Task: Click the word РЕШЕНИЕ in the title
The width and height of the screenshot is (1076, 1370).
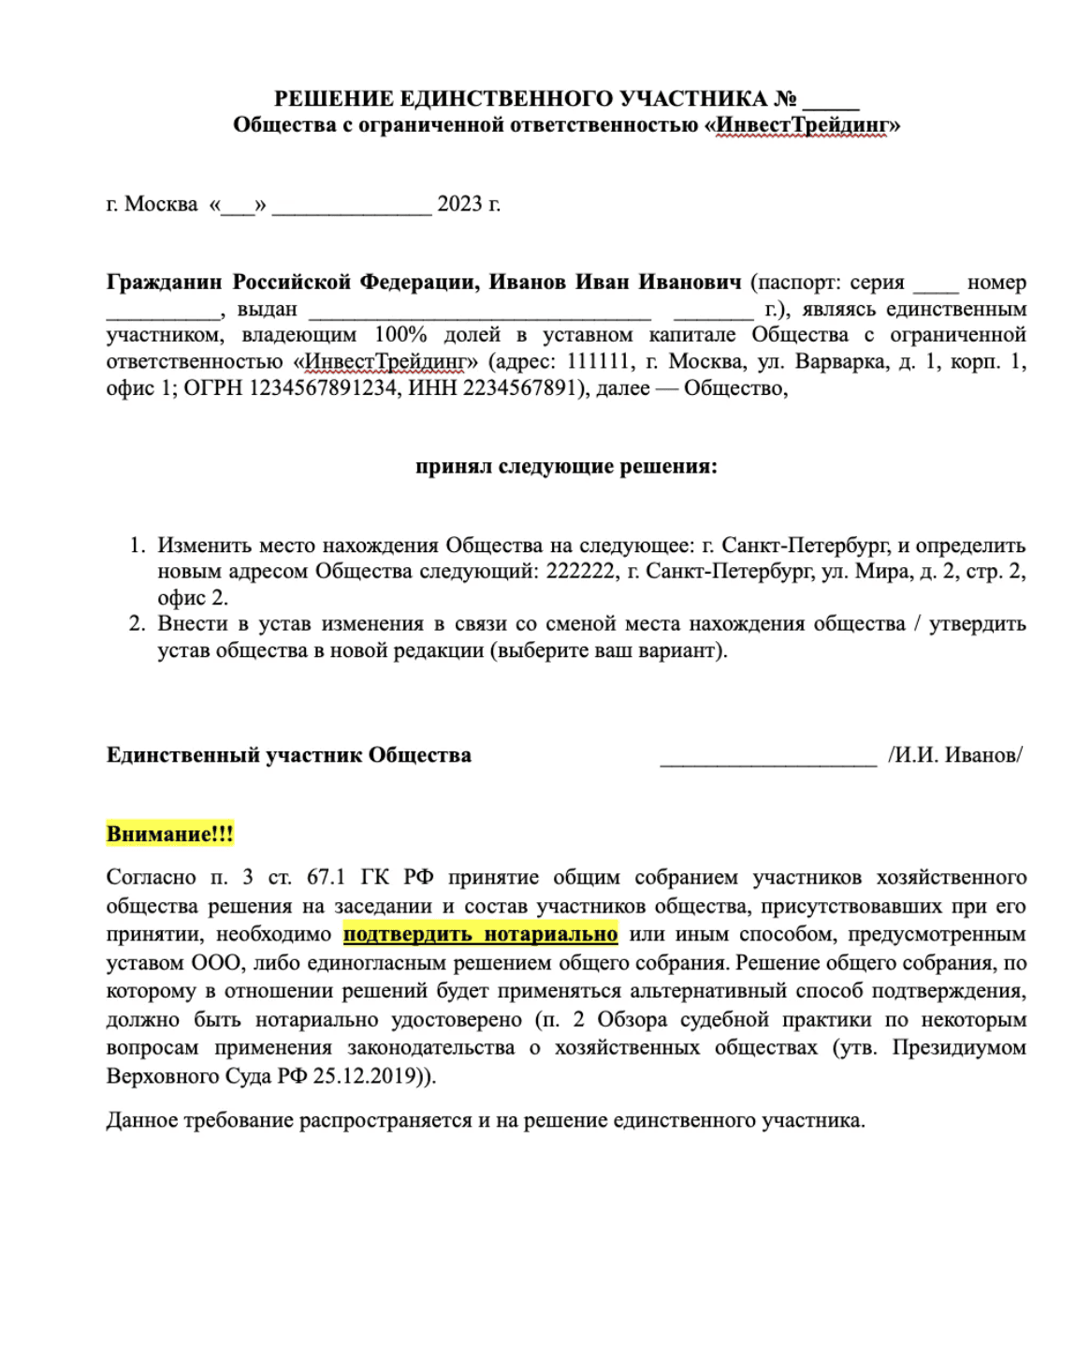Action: (x=334, y=98)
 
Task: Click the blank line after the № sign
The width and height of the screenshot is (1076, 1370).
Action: (x=831, y=101)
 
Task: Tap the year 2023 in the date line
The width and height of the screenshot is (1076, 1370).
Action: (x=459, y=204)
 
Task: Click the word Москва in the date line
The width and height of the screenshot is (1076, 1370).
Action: (x=161, y=204)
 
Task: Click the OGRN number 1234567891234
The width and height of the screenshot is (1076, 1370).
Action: (x=323, y=387)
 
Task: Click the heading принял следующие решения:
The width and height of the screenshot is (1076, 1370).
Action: (x=566, y=466)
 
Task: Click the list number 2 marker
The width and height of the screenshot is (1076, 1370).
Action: (x=138, y=623)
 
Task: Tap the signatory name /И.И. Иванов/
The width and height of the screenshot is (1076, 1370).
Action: (x=954, y=755)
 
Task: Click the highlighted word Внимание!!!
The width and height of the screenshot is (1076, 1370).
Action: (x=169, y=834)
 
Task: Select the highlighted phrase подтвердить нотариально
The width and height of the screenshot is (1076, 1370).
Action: (x=480, y=934)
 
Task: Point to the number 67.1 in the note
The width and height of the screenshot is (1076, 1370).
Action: (x=326, y=877)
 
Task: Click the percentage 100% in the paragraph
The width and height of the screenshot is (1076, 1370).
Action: (x=400, y=334)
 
